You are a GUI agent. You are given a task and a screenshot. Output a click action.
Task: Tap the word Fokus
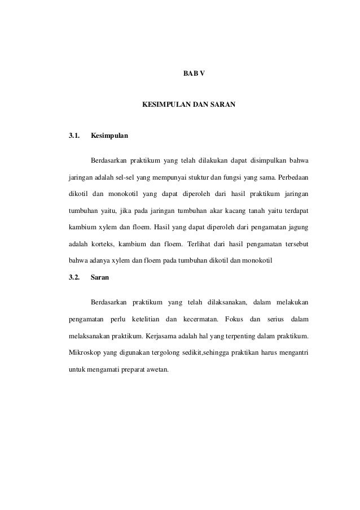point(234,320)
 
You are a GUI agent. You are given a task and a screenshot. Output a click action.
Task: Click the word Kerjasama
point(164,337)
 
